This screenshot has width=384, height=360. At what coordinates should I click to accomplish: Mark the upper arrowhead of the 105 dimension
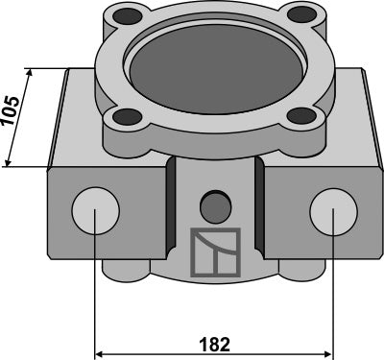coord(31,75)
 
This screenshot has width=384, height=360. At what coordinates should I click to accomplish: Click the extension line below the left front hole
coord(95,288)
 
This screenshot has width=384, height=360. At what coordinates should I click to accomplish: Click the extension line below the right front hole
coord(331,288)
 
